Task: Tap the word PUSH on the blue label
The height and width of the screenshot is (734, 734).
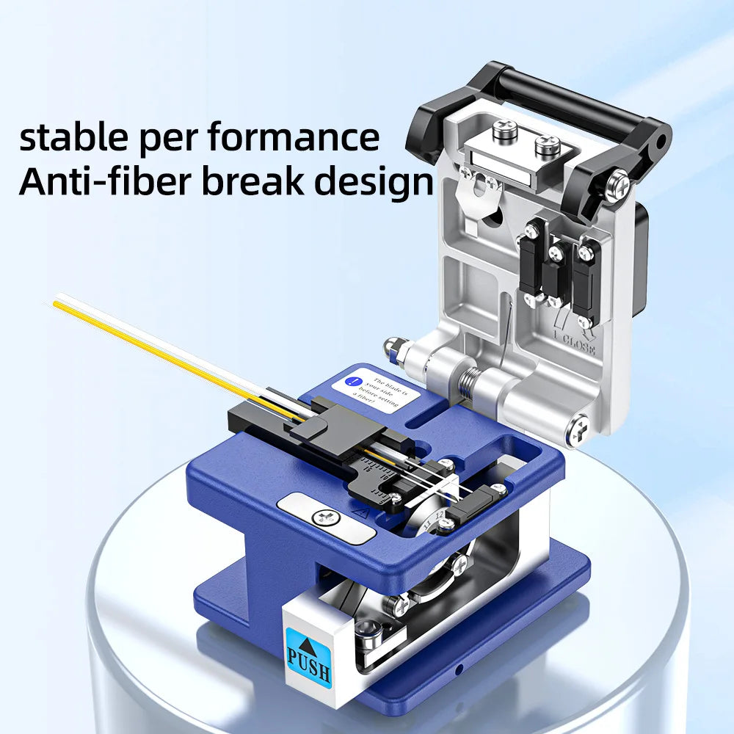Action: (x=309, y=670)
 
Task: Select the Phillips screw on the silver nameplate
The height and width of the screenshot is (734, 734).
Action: (x=324, y=517)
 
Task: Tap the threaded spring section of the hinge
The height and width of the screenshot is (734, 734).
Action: (x=467, y=382)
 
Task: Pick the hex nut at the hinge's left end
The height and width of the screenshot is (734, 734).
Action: (x=393, y=345)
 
